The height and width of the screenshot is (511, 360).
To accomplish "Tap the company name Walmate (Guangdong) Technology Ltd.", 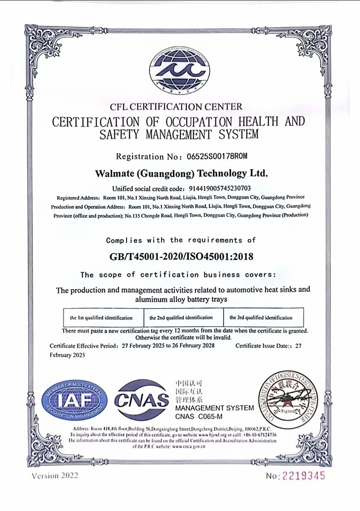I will [181, 172].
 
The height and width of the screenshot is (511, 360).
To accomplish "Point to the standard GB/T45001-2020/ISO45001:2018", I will [181, 257].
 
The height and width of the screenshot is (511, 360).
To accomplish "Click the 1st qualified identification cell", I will [101, 318].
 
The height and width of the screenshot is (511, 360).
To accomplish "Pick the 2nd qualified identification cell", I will [181, 318].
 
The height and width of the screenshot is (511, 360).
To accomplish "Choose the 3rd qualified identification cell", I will [261, 318].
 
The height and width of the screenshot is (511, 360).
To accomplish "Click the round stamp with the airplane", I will [288, 399].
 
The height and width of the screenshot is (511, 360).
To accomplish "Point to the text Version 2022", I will [55, 476].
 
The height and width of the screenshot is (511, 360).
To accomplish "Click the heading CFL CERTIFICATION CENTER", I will [176, 106].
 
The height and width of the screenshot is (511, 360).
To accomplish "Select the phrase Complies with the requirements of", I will [181, 240].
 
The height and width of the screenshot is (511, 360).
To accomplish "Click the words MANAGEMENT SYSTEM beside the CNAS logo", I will [214, 408].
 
